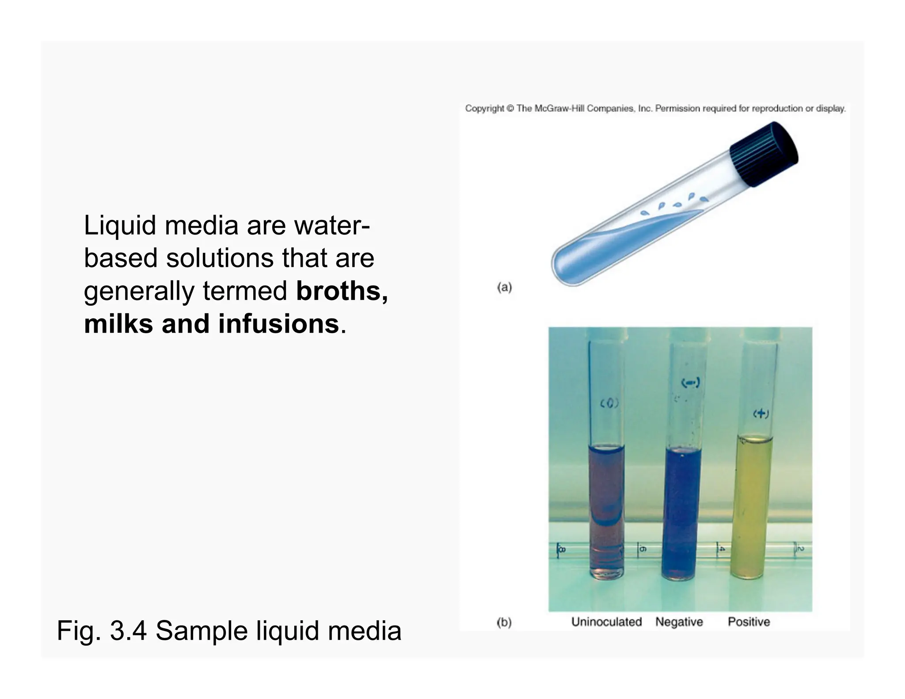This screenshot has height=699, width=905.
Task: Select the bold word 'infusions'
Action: tap(278, 324)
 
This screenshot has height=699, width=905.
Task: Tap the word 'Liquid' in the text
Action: tap(120, 225)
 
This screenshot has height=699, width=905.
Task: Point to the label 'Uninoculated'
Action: tap(606, 622)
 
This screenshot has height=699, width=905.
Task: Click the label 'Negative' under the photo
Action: tap(679, 622)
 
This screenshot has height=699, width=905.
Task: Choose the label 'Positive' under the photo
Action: tap(749, 622)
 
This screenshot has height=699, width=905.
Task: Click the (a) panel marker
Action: tap(504, 288)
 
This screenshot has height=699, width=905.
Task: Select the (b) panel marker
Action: tap(504, 623)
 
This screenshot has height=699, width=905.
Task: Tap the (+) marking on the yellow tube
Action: tap(761, 414)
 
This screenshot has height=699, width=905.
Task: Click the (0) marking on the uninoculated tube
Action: tap(609, 403)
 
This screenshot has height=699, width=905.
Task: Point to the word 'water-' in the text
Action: tap(332, 225)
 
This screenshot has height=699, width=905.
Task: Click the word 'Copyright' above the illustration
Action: tap(484, 109)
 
